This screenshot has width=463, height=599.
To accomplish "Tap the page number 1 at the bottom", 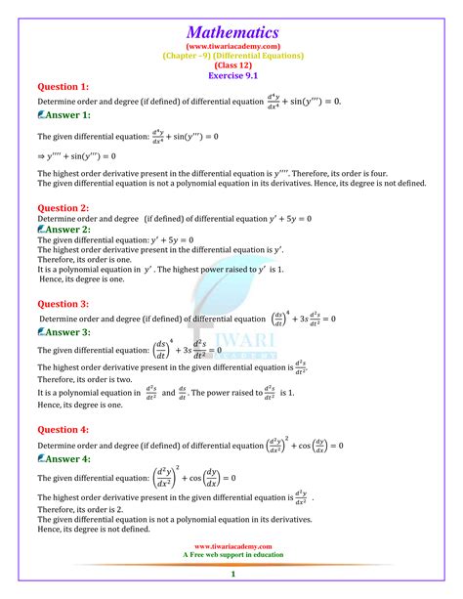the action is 231,587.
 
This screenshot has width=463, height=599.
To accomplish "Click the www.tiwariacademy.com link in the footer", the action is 231,547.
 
